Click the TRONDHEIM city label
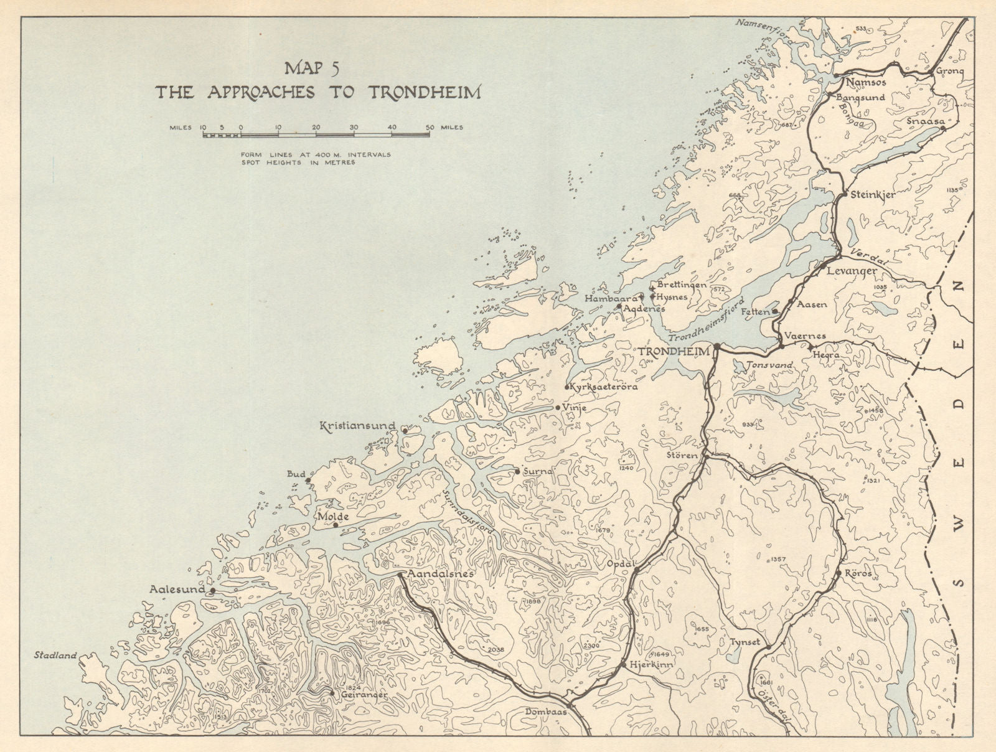pos(674,352)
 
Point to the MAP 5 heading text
pos(317,68)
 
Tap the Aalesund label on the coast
pos(179,588)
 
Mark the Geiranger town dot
pos(332,692)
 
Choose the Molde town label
pos(328,517)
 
